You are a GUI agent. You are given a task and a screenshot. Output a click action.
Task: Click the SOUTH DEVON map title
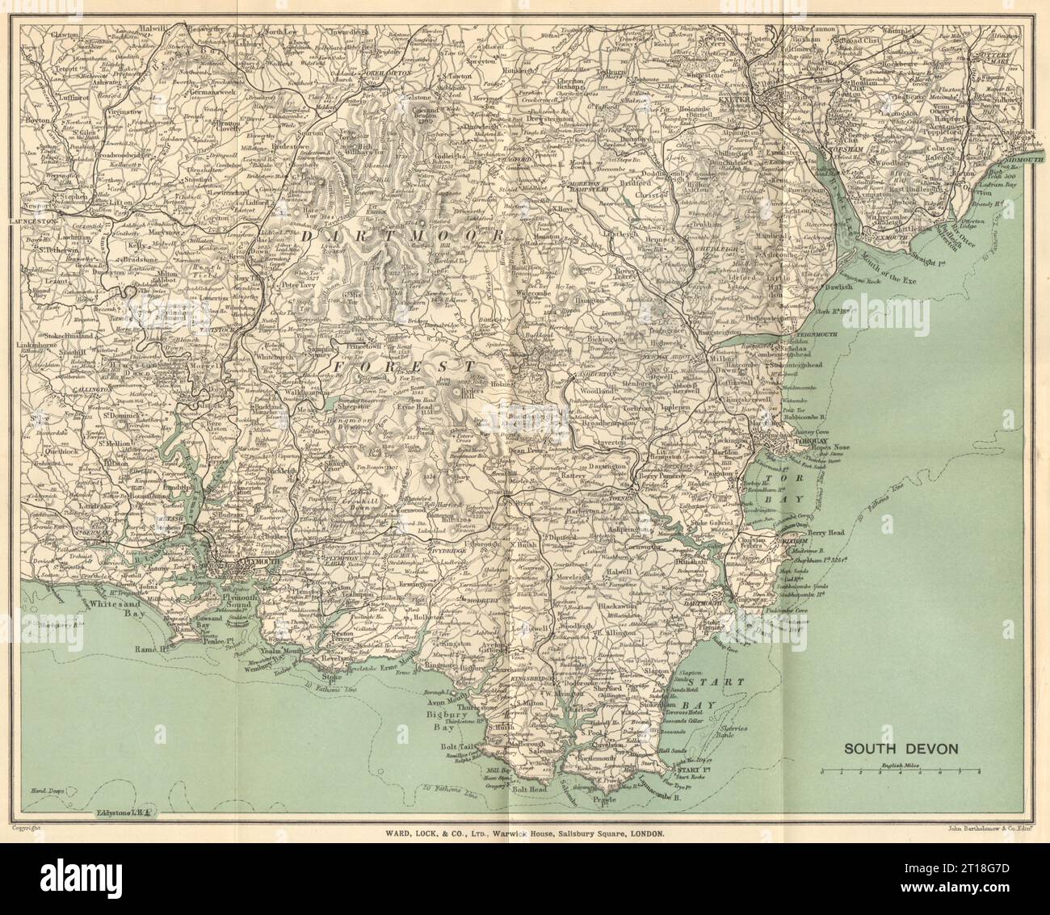coord(901,748)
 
